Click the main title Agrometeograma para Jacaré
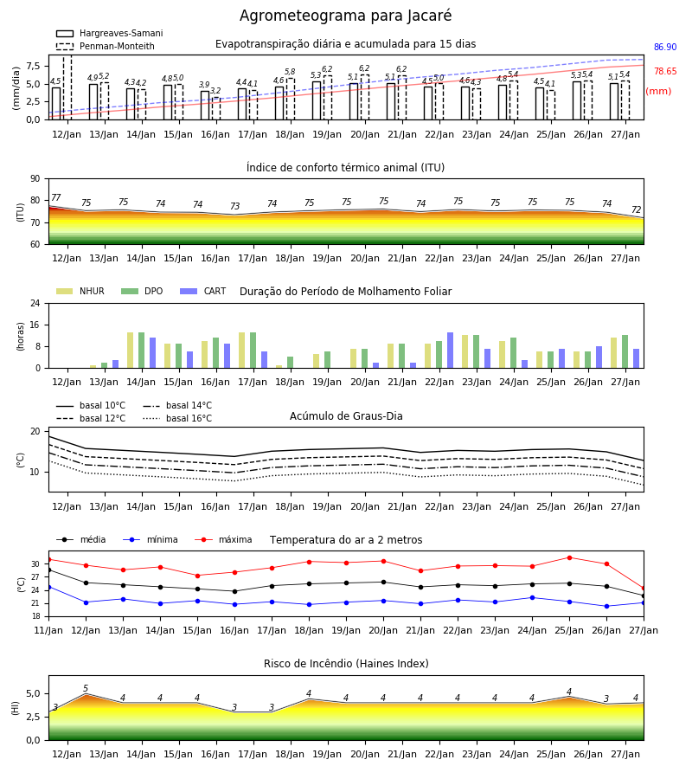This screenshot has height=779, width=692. [x=345, y=16]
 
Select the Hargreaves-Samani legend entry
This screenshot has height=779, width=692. [x=110, y=33]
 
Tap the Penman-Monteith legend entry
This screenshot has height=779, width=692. [x=106, y=46]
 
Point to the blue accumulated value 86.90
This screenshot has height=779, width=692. [x=665, y=48]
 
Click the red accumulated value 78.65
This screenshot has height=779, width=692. [x=665, y=72]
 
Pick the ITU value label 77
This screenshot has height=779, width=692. [x=56, y=197]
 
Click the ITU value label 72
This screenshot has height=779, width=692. [x=636, y=210]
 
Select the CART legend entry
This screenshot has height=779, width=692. [x=203, y=291]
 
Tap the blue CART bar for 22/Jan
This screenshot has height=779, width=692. [x=451, y=351]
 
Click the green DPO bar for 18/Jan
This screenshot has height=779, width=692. [x=290, y=362]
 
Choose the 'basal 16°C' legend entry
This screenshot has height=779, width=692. [x=177, y=418]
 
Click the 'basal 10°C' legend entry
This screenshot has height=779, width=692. [x=91, y=405]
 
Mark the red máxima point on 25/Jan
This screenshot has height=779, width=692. [x=569, y=558]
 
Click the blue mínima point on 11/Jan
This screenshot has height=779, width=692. [x=49, y=587]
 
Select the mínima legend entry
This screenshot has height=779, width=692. [x=151, y=539]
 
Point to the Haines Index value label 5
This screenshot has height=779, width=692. [x=86, y=689]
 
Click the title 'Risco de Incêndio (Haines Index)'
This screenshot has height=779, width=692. [x=346, y=664]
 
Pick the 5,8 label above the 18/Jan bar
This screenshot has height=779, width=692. [x=290, y=72]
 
